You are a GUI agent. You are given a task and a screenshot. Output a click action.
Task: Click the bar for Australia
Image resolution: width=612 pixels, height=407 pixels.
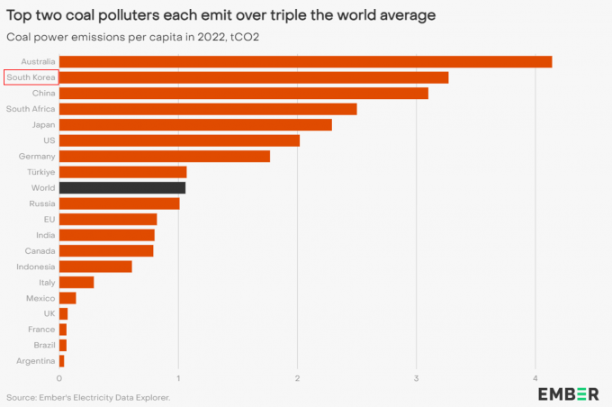click(305, 61)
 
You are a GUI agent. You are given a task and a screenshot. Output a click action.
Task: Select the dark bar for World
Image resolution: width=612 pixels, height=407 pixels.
click(122, 187)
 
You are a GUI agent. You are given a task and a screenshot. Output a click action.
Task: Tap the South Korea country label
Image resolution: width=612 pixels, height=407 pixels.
click(31, 77)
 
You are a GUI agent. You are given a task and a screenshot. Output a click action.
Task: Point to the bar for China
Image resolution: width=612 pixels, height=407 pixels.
click(243, 93)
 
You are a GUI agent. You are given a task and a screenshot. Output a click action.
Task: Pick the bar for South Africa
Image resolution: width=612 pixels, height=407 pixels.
click(208, 109)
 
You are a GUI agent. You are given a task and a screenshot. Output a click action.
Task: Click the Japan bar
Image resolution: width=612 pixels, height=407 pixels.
click(195, 124)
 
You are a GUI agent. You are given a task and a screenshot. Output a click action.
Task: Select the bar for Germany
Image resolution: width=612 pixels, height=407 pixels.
click(165, 156)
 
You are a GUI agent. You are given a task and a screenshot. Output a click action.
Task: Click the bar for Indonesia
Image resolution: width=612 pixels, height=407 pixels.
click(95, 267)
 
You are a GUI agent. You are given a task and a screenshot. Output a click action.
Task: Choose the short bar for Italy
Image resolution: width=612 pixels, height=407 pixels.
click(76, 282)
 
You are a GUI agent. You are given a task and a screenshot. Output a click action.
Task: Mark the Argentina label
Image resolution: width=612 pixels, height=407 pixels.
click(36, 361)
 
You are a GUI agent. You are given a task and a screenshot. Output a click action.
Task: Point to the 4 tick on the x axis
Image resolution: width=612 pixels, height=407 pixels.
click(536, 377)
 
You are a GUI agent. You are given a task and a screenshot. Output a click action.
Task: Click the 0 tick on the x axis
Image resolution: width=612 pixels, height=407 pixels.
click(59, 377)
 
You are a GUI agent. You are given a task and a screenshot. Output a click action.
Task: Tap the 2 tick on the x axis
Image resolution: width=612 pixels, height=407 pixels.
click(298, 377)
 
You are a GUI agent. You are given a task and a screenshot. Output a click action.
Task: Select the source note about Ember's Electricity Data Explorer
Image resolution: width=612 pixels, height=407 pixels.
click(88, 396)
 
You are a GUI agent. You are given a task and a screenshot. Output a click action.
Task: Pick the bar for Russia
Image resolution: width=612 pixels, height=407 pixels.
click(120, 203)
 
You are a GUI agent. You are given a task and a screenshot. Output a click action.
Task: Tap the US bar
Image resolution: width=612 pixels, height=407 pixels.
click(179, 140)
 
